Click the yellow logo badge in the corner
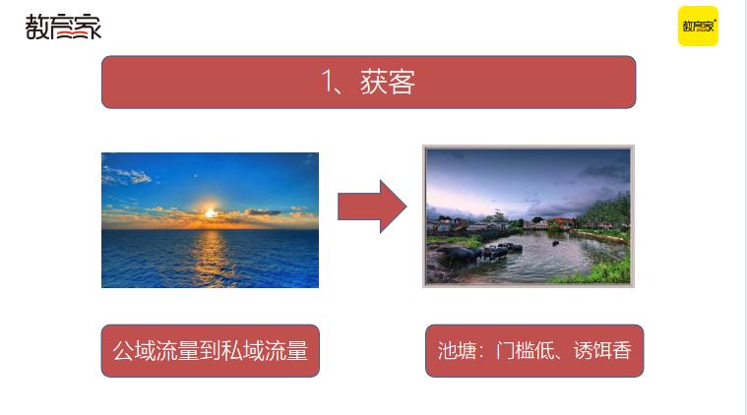[x=698, y=27]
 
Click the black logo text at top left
[x=63, y=28]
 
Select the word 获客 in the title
[x=388, y=83]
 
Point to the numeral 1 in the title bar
[x=328, y=83]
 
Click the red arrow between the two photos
[x=371, y=207]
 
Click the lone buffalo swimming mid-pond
[x=555, y=242]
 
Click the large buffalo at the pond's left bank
[x=460, y=256]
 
